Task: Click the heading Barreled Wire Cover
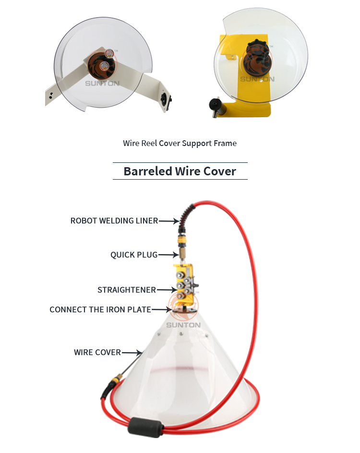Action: click(x=180, y=171)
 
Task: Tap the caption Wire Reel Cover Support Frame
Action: click(x=180, y=143)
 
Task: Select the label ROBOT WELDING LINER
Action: click(x=114, y=220)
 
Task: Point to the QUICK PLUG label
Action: click(x=134, y=255)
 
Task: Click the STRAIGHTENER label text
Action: click(x=127, y=290)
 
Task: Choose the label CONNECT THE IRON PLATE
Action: click(x=100, y=309)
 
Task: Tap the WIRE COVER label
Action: click(x=97, y=352)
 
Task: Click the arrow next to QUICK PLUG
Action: click(x=168, y=255)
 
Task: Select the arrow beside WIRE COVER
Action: click(x=132, y=353)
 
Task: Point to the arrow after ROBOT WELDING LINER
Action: click(x=169, y=221)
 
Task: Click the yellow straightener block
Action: click(x=184, y=284)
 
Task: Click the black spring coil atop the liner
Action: click(x=188, y=214)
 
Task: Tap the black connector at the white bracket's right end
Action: click(x=166, y=100)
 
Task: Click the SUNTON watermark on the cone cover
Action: click(x=183, y=325)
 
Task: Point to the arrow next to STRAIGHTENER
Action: click(x=167, y=290)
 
